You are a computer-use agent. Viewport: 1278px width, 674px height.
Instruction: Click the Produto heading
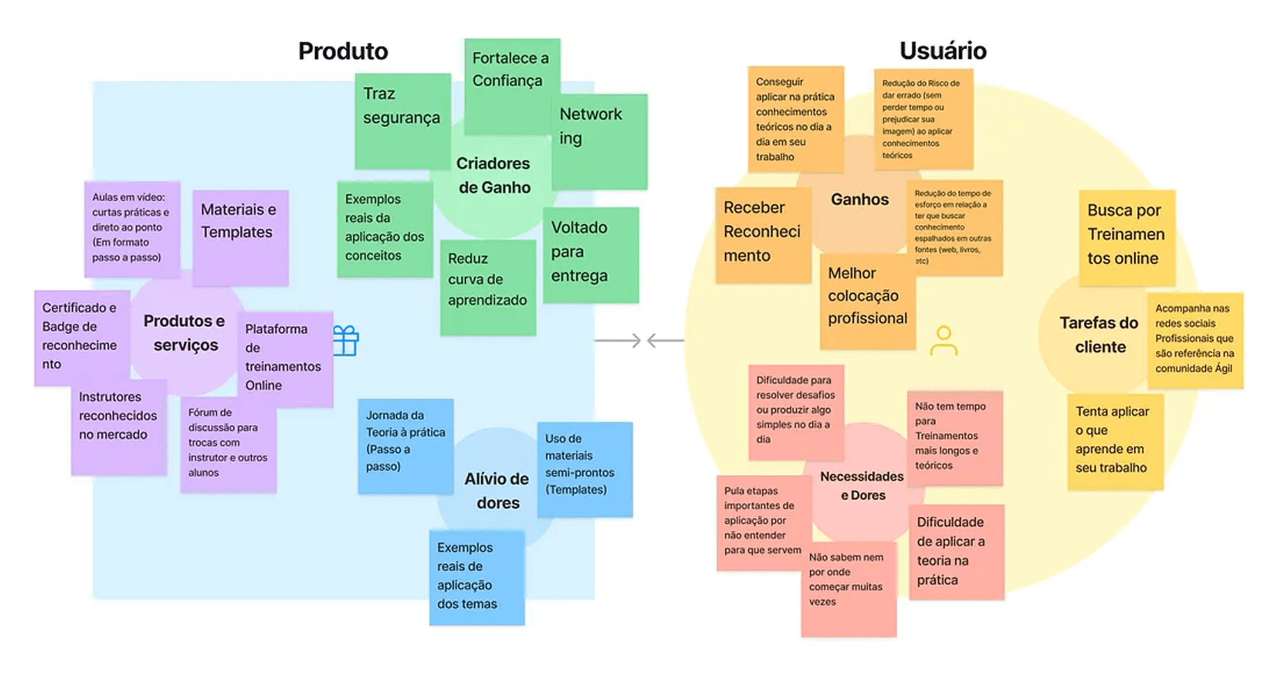click(x=343, y=51)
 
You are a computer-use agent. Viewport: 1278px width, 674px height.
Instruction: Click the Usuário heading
click(x=943, y=50)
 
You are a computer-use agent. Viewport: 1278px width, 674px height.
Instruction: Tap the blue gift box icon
click(x=346, y=341)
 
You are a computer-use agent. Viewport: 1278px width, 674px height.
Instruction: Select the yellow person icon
click(x=943, y=341)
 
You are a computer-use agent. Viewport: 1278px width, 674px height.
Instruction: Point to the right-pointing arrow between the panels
click(x=618, y=341)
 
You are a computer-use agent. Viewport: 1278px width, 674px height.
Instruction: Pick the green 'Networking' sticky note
click(x=599, y=141)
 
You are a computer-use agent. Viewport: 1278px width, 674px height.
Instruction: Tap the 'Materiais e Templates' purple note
click(x=240, y=236)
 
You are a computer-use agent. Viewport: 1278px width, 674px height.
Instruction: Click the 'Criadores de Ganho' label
click(x=493, y=176)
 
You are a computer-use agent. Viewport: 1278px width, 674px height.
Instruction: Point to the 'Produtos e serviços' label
click(x=185, y=333)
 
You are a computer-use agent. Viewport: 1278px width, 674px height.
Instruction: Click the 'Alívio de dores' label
click(x=497, y=491)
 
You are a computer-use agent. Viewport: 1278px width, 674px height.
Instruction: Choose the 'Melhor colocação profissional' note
click(x=867, y=300)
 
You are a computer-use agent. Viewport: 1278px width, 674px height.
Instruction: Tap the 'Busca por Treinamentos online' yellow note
click(x=1127, y=237)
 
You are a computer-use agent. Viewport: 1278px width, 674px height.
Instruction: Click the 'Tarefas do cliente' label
click(x=1099, y=335)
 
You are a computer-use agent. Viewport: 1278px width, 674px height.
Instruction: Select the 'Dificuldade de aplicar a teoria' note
click(x=956, y=551)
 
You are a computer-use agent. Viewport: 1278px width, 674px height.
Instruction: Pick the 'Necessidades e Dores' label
click(x=862, y=486)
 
